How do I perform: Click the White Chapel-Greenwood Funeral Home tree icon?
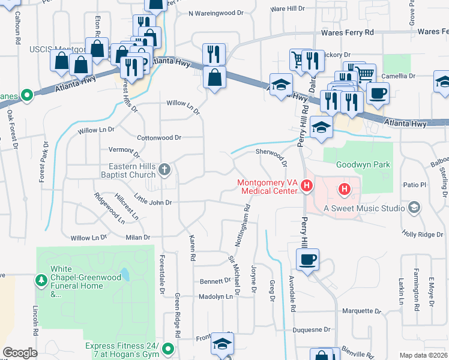pos(41,280)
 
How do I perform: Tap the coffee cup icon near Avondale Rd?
pos(307,259)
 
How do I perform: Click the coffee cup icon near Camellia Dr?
pos(378,93)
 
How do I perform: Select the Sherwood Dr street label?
pos(272,154)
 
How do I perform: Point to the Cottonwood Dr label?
pos(159,137)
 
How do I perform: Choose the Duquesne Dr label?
pos(311,329)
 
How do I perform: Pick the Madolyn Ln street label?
pos(215,296)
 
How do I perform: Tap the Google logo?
pos(20,352)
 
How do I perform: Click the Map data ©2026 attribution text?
pos(424,355)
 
